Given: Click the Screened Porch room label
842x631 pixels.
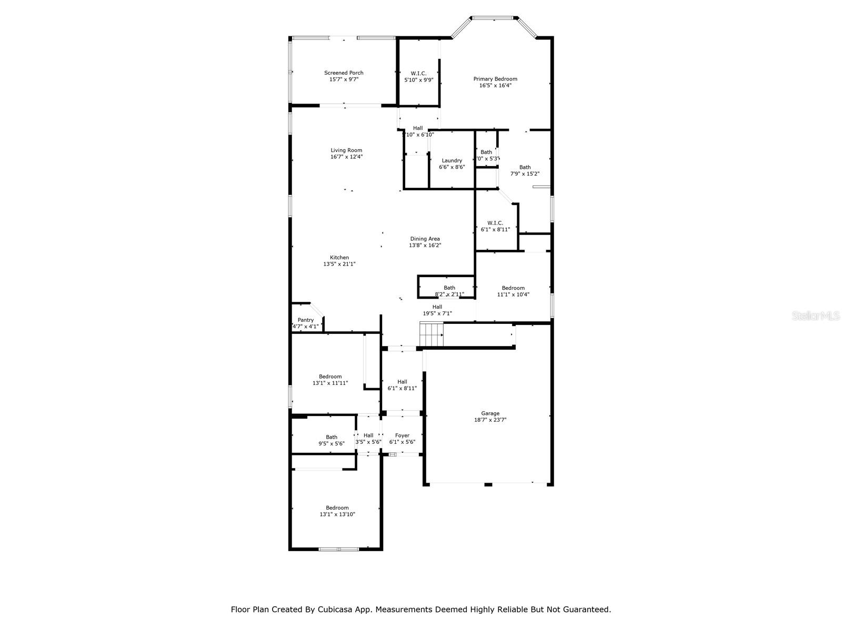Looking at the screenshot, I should [344, 73].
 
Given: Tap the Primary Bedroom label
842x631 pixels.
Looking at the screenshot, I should [495, 79].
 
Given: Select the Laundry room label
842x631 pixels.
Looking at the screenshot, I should [452, 161].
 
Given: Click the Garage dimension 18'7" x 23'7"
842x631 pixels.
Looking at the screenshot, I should [490, 420].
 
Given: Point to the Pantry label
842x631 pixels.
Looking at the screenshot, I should [305, 320].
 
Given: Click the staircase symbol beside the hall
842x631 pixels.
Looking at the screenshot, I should [431, 334].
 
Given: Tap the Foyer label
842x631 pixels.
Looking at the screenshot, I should [402, 435].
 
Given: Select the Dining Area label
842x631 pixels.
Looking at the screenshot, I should [425, 239].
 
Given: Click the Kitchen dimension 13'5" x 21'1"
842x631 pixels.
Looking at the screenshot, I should [339, 264].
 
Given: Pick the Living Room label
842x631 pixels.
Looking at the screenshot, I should [346, 150].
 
